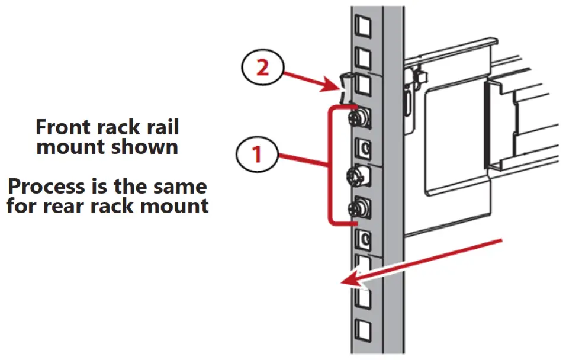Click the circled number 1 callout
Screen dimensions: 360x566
pyautogui.click(x=257, y=155)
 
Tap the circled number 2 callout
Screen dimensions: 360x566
pyautogui.click(x=262, y=67)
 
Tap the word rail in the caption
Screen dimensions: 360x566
pyautogui.click(x=158, y=127)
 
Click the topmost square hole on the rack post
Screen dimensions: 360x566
pyautogui.click(x=361, y=25)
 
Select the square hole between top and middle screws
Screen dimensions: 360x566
pyautogui.click(x=362, y=146)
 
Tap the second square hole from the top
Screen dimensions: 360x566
pyautogui.click(x=361, y=56)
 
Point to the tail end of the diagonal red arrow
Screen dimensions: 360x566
pyautogui.click(x=502, y=240)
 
